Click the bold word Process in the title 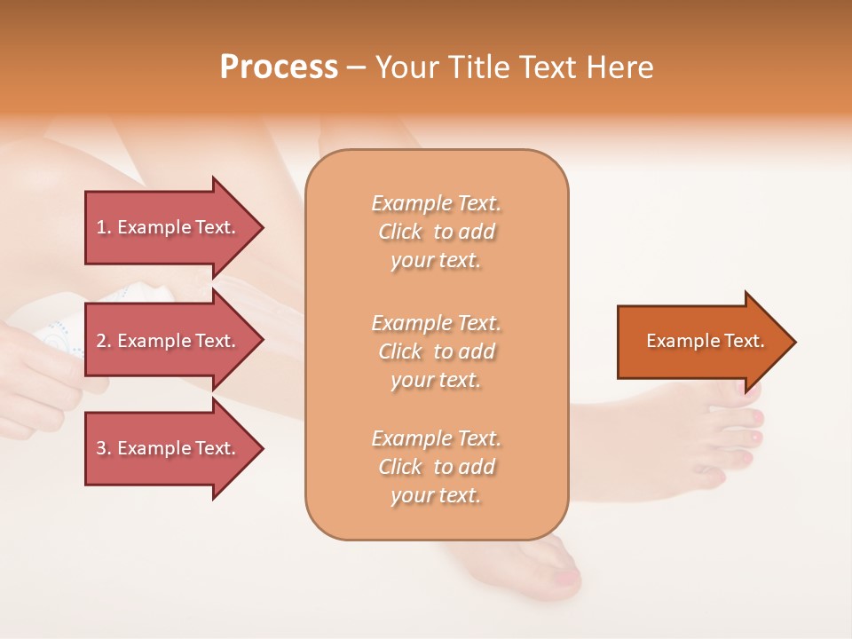pyautogui.click(x=279, y=67)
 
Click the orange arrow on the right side pyautogui.click(x=701, y=341)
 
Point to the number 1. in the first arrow pyautogui.click(x=104, y=227)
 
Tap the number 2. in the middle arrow pyautogui.click(x=104, y=341)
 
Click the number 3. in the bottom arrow pyautogui.click(x=104, y=448)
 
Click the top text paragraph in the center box pyautogui.click(x=436, y=232)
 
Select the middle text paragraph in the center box pyautogui.click(x=436, y=351)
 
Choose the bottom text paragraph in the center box pyautogui.click(x=436, y=467)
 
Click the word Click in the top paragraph pyautogui.click(x=399, y=232)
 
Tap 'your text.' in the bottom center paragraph pyautogui.click(x=436, y=495)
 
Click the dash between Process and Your pyautogui.click(x=356, y=67)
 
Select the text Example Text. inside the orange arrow pyautogui.click(x=705, y=341)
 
